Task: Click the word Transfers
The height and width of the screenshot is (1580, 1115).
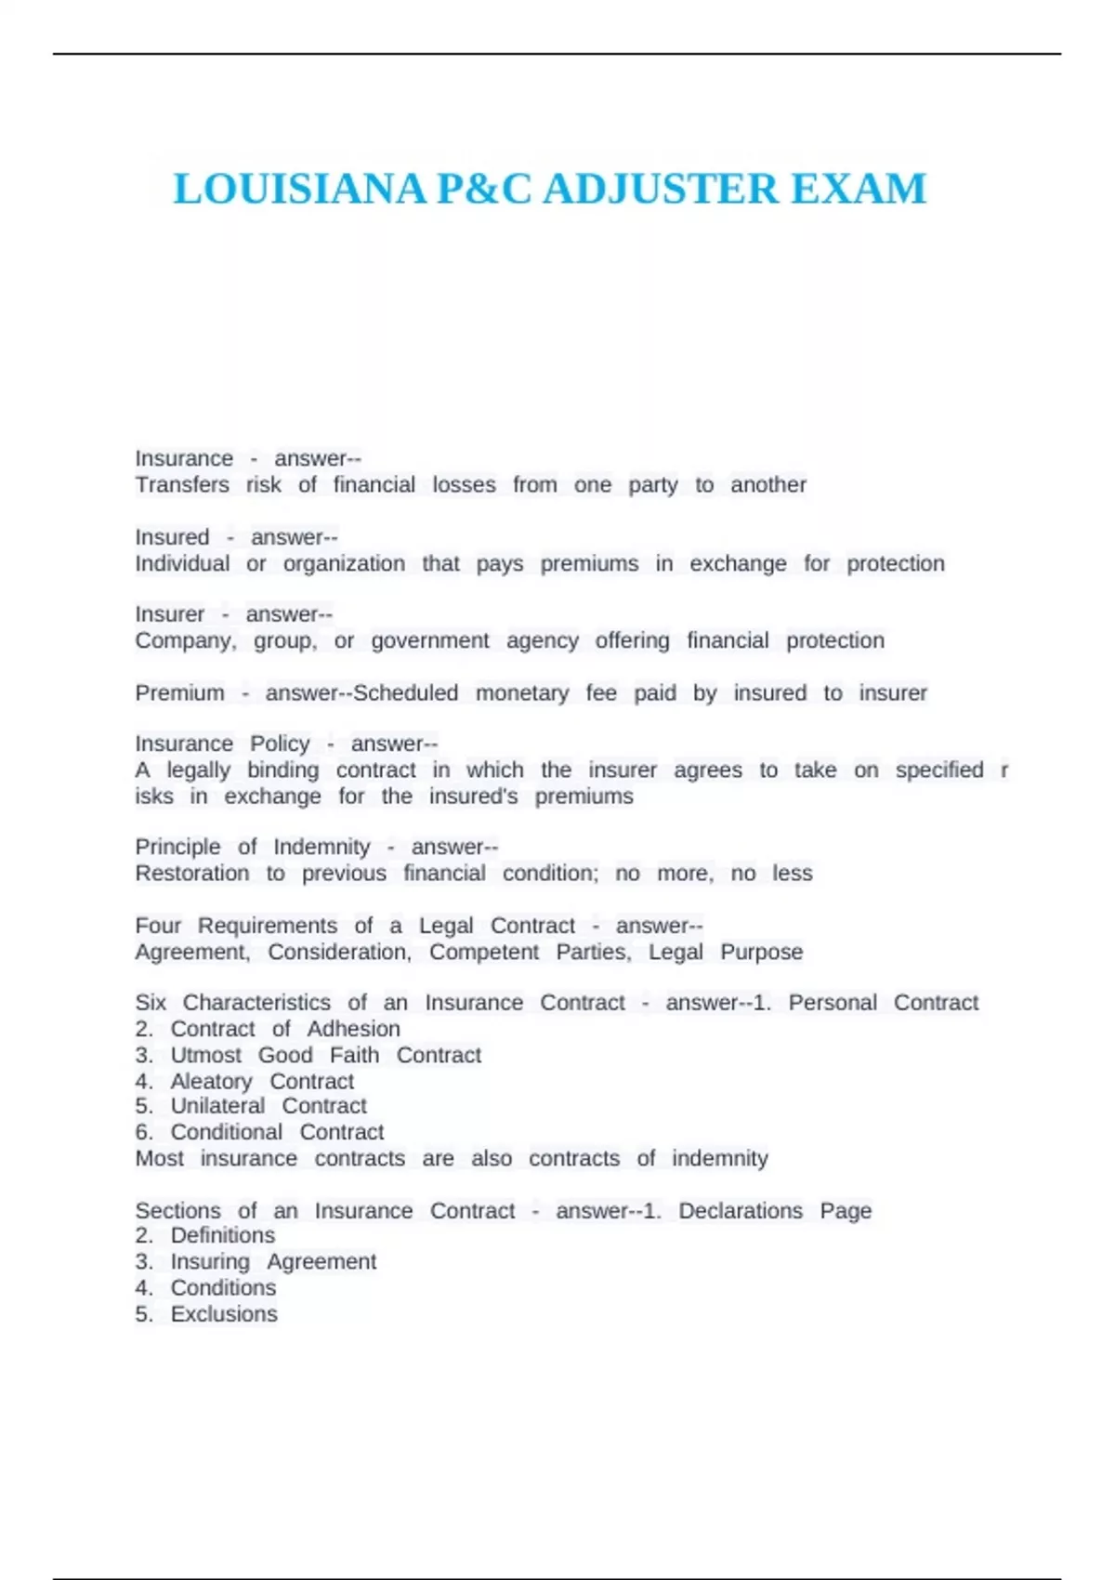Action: [x=182, y=485]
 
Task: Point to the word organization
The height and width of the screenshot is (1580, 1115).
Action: [x=344, y=564]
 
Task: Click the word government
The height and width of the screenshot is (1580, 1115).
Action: [x=430, y=641]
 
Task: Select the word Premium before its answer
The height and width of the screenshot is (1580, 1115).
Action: [x=179, y=693]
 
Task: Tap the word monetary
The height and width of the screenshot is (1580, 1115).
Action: [x=522, y=693]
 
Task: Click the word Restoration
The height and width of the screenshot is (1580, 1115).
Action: [x=192, y=874]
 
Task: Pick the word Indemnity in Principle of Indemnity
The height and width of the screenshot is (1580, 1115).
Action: [x=321, y=848]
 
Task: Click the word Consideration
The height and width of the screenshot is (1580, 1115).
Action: [x=339, y=953]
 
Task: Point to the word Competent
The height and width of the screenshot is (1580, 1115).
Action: [x=484, y=953]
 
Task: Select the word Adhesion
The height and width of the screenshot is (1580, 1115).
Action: [x=353, y=1030]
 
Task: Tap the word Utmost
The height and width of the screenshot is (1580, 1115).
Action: [x=205, y=1056]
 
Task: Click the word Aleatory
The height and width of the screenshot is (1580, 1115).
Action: [x=211, y=1082]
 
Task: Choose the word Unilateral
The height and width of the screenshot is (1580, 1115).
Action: [x=217, y=1106]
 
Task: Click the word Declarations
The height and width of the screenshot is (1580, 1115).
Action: [x=741, y=1211]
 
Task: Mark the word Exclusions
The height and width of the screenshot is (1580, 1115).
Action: [x=224, y=1314]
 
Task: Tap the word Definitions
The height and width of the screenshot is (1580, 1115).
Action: [x=223, y=1235]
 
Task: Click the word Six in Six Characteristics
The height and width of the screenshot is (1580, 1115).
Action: [x=151, y=1003]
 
